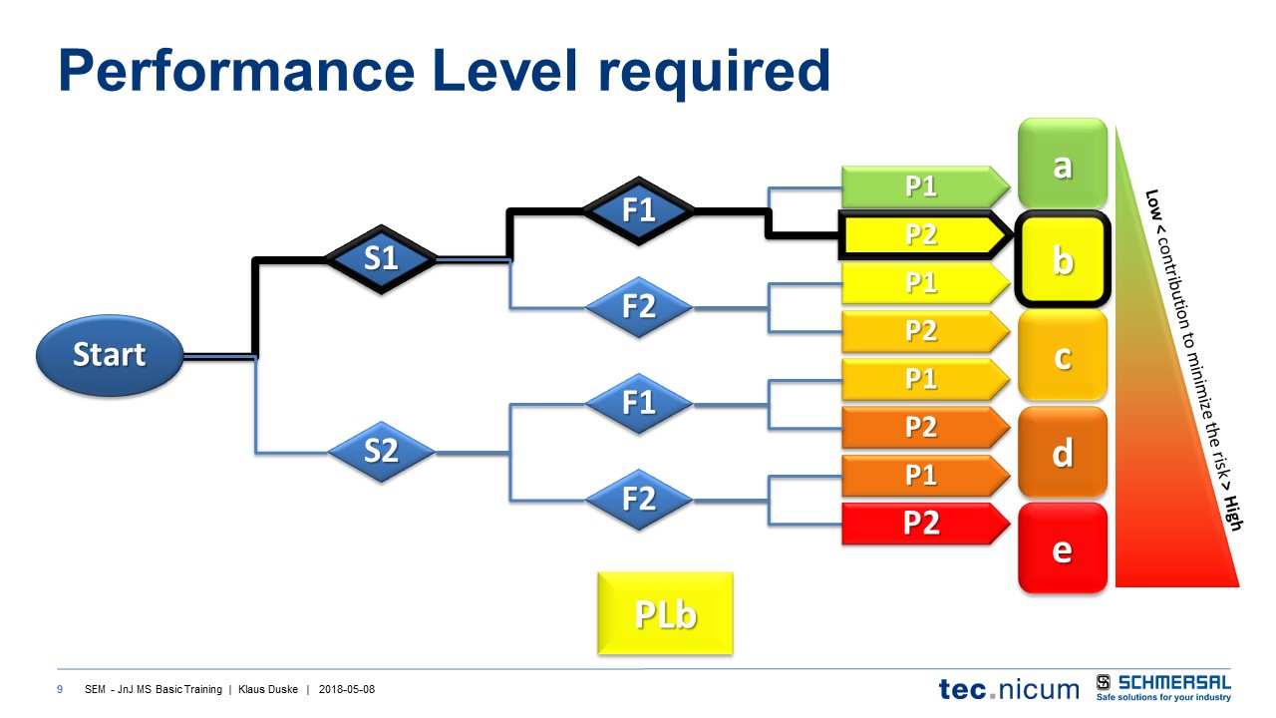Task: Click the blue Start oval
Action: point(110,354)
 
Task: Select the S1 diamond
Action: point(381,258)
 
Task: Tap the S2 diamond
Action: point(381,452)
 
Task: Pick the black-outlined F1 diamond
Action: point(638,210)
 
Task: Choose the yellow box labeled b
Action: point(1063,260)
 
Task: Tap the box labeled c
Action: point(1063,356)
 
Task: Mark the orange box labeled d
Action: point(1063,453)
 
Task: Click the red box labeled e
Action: point(1063,548)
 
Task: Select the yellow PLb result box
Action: point(665,613)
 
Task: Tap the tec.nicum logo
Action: point(1008,688)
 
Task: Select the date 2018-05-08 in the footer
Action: point(347,690)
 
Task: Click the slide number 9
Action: point(61,690)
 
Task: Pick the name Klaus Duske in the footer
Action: point(267,690)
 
